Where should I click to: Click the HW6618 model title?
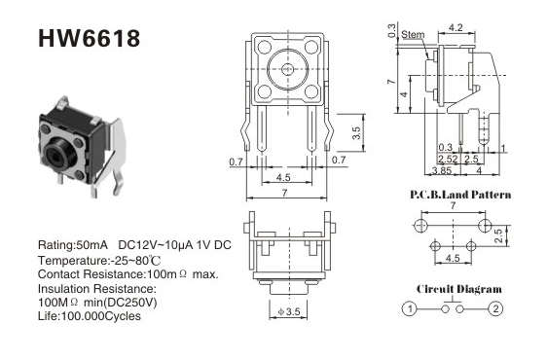pyautogui.click(x=89, y=38)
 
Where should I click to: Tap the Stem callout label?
pyautogui.click(x=413, y=34)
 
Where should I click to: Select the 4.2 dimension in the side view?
pyautogui.click(x=456, y=27)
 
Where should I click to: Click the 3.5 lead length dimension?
pyautogui.click(x=356, y=133)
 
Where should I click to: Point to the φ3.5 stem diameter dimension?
pyautogui.click(x=289, y=311)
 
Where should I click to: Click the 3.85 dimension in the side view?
pyautogui.click(x=442, y=170)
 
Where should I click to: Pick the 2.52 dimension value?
pyautogui.click(x=448, y=159)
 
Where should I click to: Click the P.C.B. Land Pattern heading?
pyautogui.click(x=460, y=195)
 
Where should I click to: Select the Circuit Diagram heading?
pyautogui.click(x=459, y=289)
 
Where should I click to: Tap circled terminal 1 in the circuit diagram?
pyautogui.click(x=410, y=308)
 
